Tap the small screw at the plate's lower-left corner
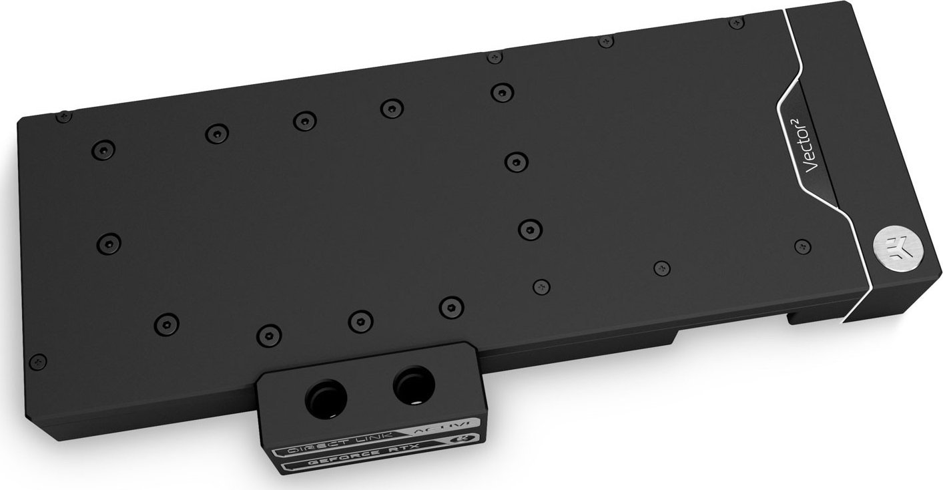click(x=39, y=360)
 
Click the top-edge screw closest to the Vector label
click(x=736, y=23)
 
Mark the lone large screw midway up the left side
click(x=109, y=240)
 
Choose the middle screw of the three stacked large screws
click(x=516, y=161)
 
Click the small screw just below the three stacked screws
click(x=541, y=286)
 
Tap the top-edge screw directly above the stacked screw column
click(x=494, y=58)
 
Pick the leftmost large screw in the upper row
click(x=103, y=148)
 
